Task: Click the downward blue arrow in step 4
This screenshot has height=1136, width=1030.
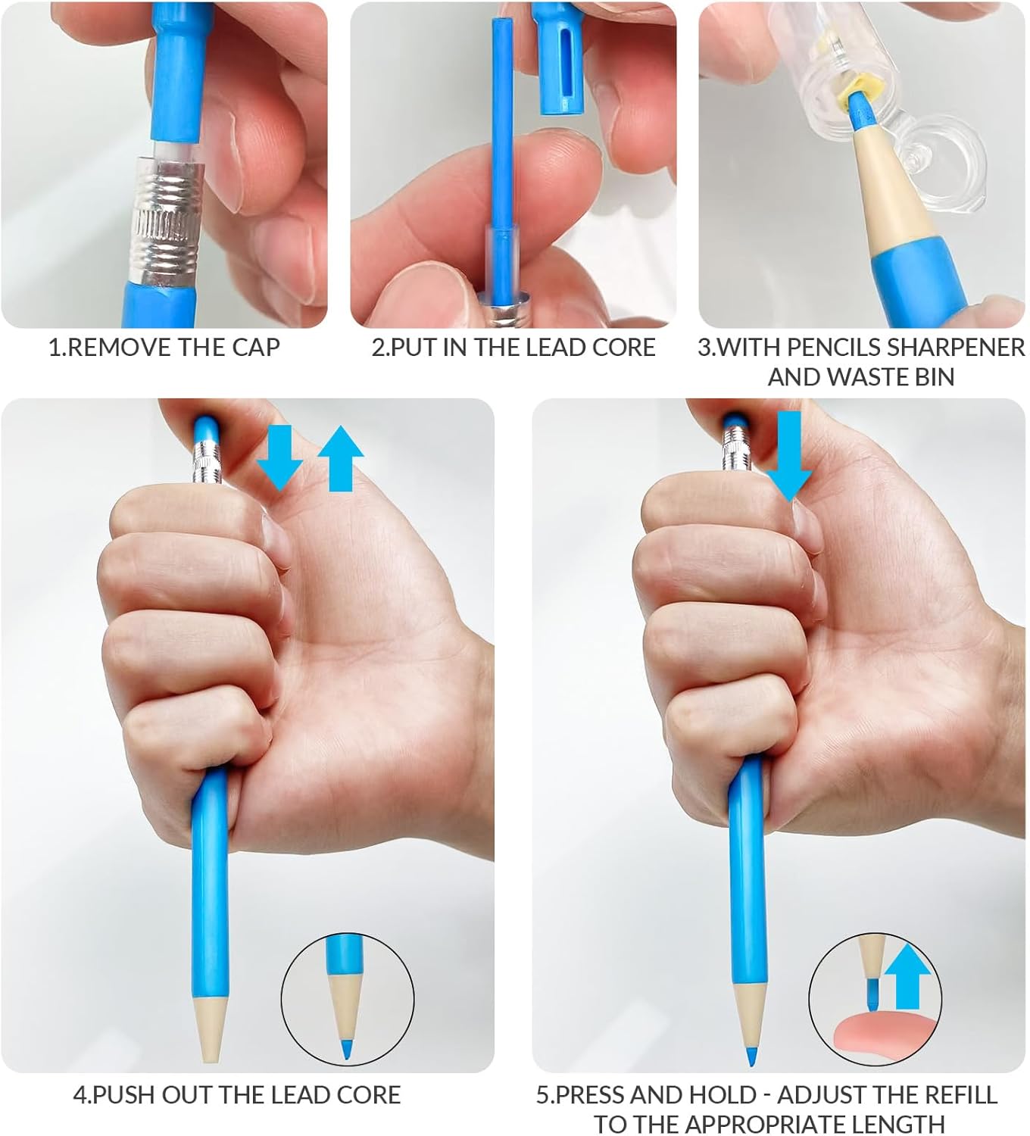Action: (x=280, y=457)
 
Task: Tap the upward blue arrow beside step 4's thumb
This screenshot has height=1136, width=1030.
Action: (x=341, y=458)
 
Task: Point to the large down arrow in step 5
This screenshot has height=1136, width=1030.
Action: (x=788, y=457)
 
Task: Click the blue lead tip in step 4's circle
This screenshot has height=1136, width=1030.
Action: (x=346, y=1050)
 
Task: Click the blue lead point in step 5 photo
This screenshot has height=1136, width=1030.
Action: (x=751, y=1057)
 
